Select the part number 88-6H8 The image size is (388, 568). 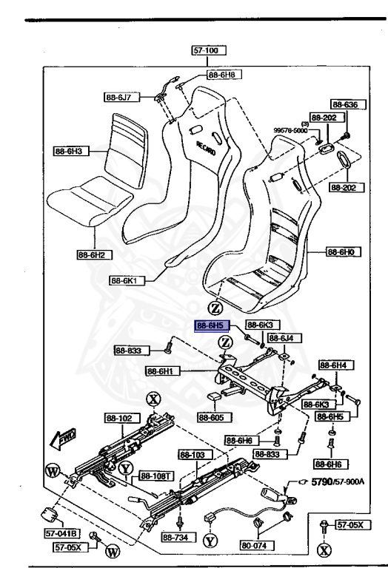tap(221, 75)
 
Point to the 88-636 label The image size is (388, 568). tap(344, 105)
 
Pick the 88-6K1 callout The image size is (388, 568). tap(126, 280)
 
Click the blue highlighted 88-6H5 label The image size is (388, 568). tap(210, 325)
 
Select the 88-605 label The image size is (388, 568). tap(214, 417)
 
